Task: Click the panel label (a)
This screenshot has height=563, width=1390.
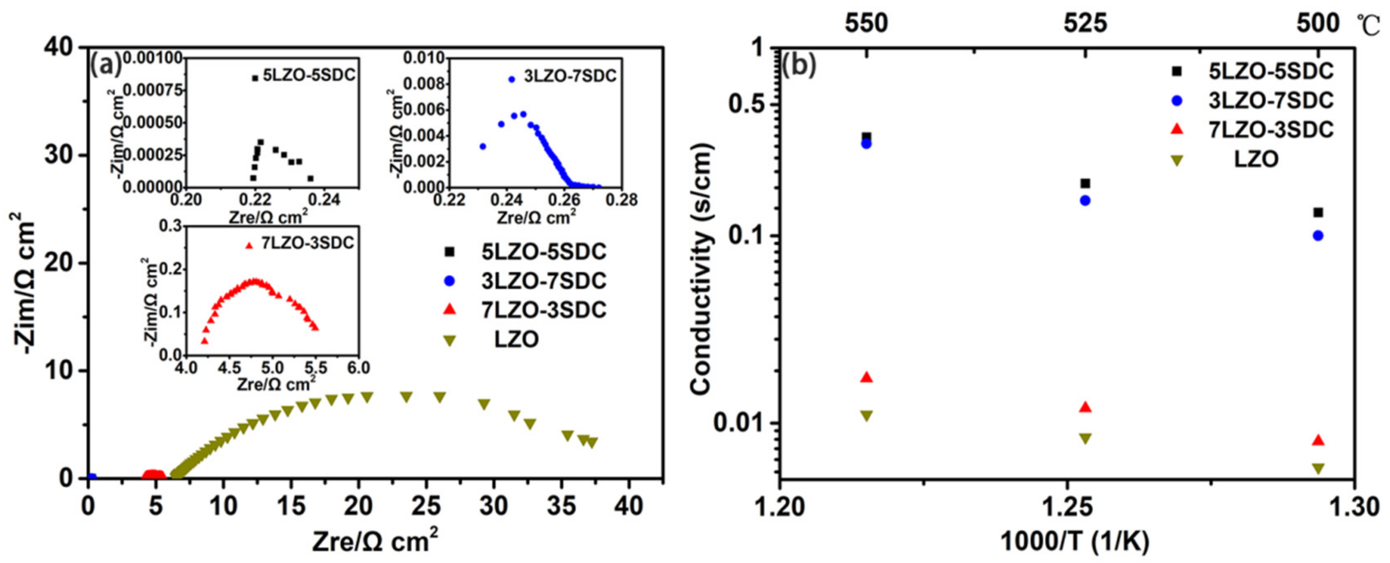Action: click(x=105, y=66)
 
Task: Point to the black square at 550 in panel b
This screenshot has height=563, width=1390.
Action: click(x=866, y=137)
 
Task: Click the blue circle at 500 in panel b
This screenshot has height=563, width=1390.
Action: click(x=1318, y=236)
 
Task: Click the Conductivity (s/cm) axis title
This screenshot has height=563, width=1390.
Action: click(x=702, y=269)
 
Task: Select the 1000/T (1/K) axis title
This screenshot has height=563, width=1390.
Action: click(x=1074, y=542)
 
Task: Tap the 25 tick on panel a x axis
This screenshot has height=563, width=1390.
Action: click(x=427, y=506)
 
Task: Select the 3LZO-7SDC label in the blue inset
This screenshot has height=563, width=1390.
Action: click(x=570, y=76)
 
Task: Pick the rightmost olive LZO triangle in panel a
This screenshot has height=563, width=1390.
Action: click(x=592, y=443)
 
